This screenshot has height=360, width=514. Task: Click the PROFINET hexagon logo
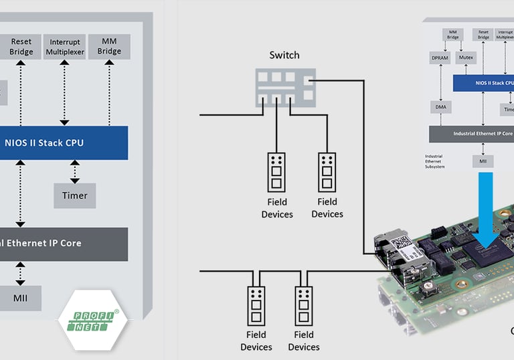pyautogui.click(x=89, y=321)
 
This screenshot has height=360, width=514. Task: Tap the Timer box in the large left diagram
pyautogui.click(x=74, y=195)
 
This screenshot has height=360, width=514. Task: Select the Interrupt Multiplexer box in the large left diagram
pyautogui.click(x=64, y=47)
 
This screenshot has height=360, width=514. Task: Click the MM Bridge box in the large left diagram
pyautogui.click(x=109, y=47)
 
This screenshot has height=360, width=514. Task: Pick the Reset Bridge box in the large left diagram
pyautogui.click(x=21, y=47)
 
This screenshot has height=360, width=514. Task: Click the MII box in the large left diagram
pyautogui.click(x=20, y=298)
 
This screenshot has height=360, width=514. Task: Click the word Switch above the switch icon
pyautogui.click(x=284, y=55)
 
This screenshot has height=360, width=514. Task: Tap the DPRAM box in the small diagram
pyautogui.click(x=440, y=58)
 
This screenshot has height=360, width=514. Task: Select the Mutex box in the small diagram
pyautogui.click(x=466, y=58)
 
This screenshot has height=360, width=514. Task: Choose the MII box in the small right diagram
pyautogui.click(x=483, y=161)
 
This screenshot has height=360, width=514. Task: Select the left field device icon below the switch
pyautogui.click(x=276, y=172)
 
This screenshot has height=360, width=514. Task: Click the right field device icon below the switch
pyautogui.click(x=327, y=172)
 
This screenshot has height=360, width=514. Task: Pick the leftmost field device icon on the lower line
pyautogui.click(x=256, y=306)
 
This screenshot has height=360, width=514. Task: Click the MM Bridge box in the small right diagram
pyautogui.click(x=454, y=35)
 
